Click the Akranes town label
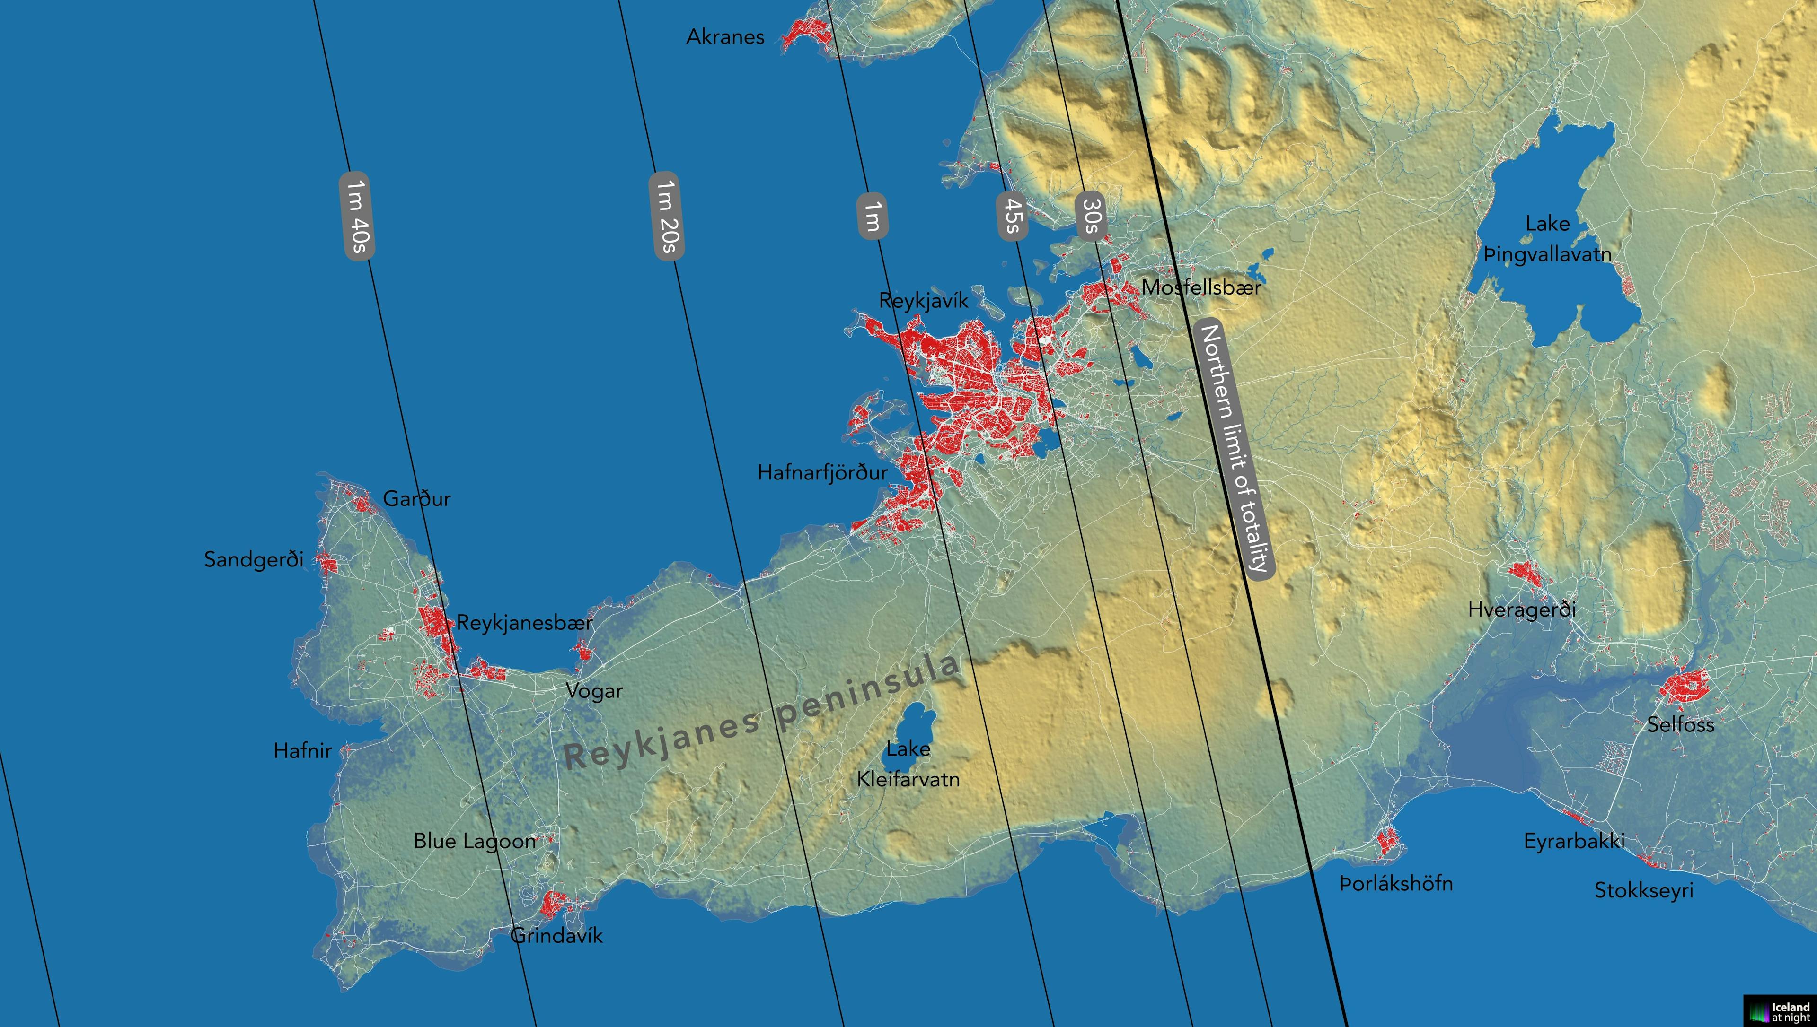point(725,37)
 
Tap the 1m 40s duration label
point(356,215)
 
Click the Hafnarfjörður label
point(822,472)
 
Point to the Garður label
point(416,499)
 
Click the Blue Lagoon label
point(474,841)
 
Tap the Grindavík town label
point(556,936)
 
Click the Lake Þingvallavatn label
point(1547,239)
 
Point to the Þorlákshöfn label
point(1396,884)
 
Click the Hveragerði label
point(1521,609)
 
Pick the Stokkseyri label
point(1643,890)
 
